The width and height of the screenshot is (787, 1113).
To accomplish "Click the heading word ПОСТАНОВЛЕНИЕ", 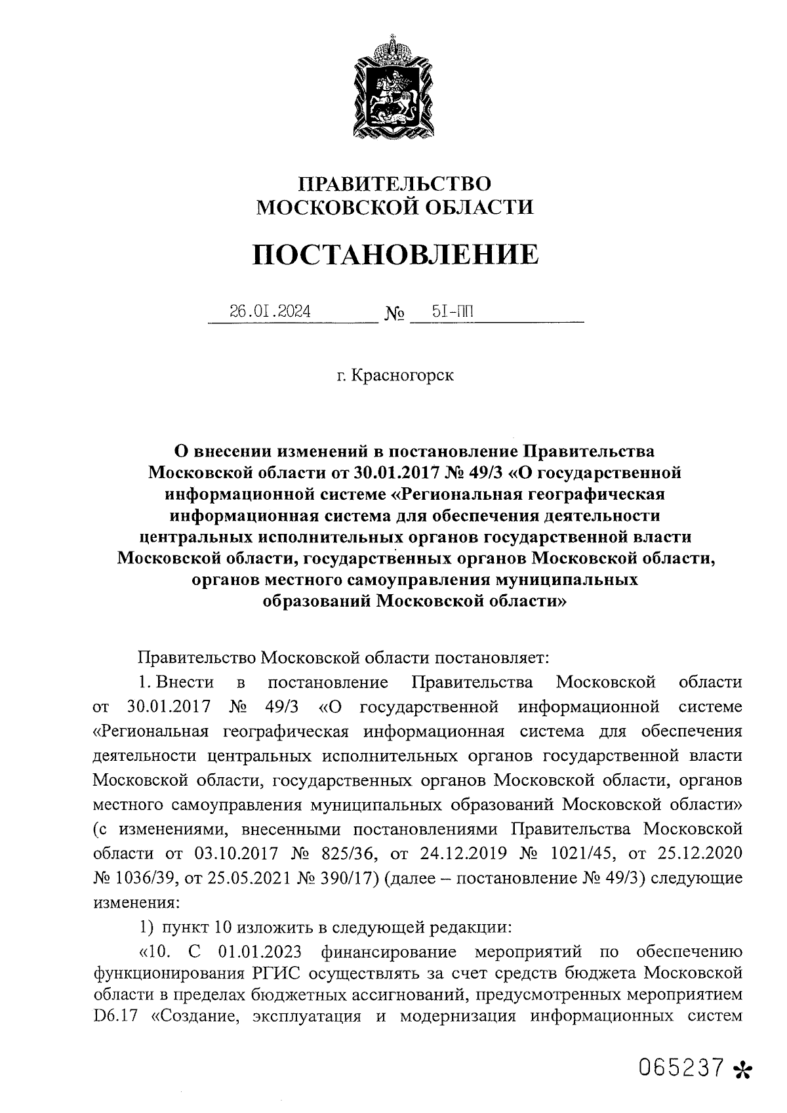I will click(x=395, y=254).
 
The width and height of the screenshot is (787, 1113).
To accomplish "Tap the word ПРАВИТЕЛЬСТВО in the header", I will click(x=395, y=183).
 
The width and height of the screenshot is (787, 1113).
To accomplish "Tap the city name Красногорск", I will click(x=402, y=376).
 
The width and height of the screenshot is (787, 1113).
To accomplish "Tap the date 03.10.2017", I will click(x=237, y=853).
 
